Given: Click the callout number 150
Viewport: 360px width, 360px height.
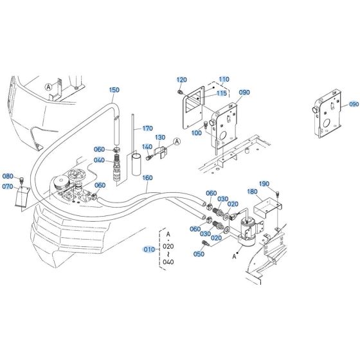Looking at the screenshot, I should [x=114, y=90].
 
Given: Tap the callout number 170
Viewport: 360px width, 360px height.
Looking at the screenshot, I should [x=147, y=128].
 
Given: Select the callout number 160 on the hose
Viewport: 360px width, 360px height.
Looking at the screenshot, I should [x=147, y=178].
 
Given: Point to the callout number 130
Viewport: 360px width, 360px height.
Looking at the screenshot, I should [x=159, y=138].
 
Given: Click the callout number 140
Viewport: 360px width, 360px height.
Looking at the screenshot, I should [x=147, y=147].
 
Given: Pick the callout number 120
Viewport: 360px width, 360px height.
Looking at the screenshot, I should [x=181, y=79].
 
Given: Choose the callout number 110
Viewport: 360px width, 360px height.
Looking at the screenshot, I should [x=223, y=79].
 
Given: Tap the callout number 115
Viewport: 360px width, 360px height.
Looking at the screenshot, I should [x=222, y=93].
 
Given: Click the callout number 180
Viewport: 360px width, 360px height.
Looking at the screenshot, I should [x=253, y=192].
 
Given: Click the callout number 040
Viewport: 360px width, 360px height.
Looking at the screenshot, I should [x=99, y=160].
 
